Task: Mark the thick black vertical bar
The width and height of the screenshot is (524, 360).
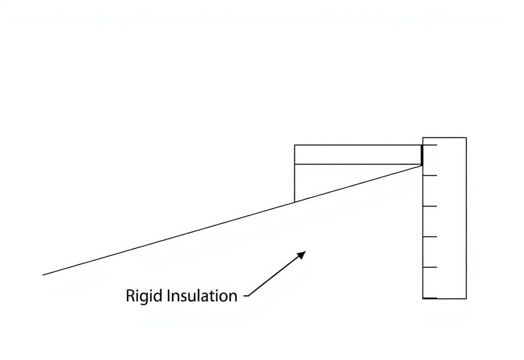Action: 422,155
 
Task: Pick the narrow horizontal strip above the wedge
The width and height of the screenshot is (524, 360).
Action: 358,154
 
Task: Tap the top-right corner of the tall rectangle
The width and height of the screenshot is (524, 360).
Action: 466,138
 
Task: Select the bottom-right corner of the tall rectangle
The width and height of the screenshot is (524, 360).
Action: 466,299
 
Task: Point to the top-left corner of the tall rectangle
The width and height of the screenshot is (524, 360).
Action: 423,138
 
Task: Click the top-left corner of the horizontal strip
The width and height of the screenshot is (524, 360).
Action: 295,145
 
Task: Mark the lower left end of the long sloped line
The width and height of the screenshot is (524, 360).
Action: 43,275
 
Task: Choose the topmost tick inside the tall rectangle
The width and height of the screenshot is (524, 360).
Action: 430,145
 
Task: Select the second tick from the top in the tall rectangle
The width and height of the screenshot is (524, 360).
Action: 430,175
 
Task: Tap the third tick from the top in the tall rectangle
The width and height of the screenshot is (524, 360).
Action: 430,206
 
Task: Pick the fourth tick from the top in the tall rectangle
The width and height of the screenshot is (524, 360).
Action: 430,237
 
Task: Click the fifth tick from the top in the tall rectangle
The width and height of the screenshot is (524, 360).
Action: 430,267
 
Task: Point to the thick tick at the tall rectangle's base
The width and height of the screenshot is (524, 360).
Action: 430,298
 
